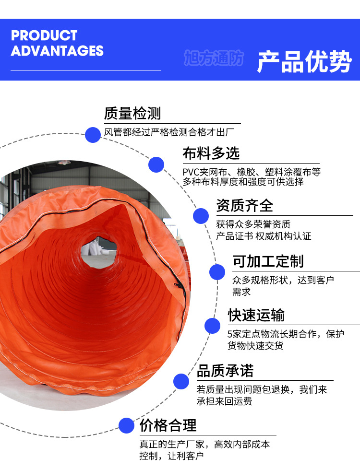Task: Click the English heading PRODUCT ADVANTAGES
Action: click(57, 43)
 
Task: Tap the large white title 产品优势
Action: click(304, 61)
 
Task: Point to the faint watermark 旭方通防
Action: click(214, 58)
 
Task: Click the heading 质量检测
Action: click(132, 113)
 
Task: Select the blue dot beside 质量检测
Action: click(93, 135)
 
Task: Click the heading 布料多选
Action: click(211, 153)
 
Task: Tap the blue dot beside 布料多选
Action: click(156, 164)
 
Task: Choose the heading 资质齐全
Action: click(245, 205)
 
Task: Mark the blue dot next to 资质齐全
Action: click(201, 216)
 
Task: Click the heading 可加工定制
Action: click(268, 261)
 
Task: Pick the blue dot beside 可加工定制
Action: click(217, 272)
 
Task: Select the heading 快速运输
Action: click(256, 315)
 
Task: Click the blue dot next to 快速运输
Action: click(212, 326)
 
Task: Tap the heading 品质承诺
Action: click(225, 371)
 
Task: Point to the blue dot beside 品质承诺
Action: click(181, 381)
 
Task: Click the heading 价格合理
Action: click(168, 425)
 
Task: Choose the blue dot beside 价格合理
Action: click(126, 425)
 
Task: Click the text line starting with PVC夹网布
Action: click(252, 172)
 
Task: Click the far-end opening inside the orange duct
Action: click(99, 251)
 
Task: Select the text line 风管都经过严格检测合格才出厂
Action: click(169, 132)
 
